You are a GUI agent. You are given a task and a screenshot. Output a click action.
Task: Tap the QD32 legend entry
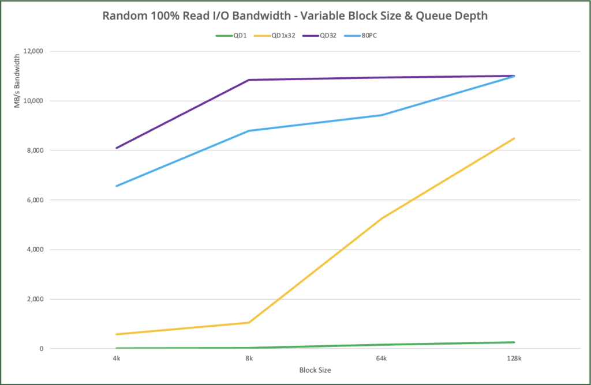(x=328, y=35)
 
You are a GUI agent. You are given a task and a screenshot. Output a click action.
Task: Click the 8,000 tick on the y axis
(x=36, y=150)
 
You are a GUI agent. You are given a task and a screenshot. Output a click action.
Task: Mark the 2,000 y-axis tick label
(x=36, y=299)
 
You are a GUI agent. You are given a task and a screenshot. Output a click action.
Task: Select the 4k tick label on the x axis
(x=117, y=358)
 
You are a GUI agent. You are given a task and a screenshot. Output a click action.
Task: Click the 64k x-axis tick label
(x=381, y=358)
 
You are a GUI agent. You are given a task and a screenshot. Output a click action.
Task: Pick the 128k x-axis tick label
(x=514, y=358)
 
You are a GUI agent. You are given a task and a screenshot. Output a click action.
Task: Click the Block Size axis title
(x=315, y=369)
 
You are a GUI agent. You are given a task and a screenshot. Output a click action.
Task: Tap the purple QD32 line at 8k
(x=249, y=80)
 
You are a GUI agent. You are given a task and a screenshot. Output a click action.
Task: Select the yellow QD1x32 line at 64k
(x=381, y=218)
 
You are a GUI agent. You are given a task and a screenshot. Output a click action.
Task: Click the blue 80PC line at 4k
(x=117, y=186)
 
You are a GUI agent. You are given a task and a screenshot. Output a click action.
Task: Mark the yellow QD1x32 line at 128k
(x=514, y=138)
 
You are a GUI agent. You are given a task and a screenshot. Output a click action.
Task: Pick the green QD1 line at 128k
(x=514, y=342)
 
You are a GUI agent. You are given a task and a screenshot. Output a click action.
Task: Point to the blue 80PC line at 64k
(x=381, y=115)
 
